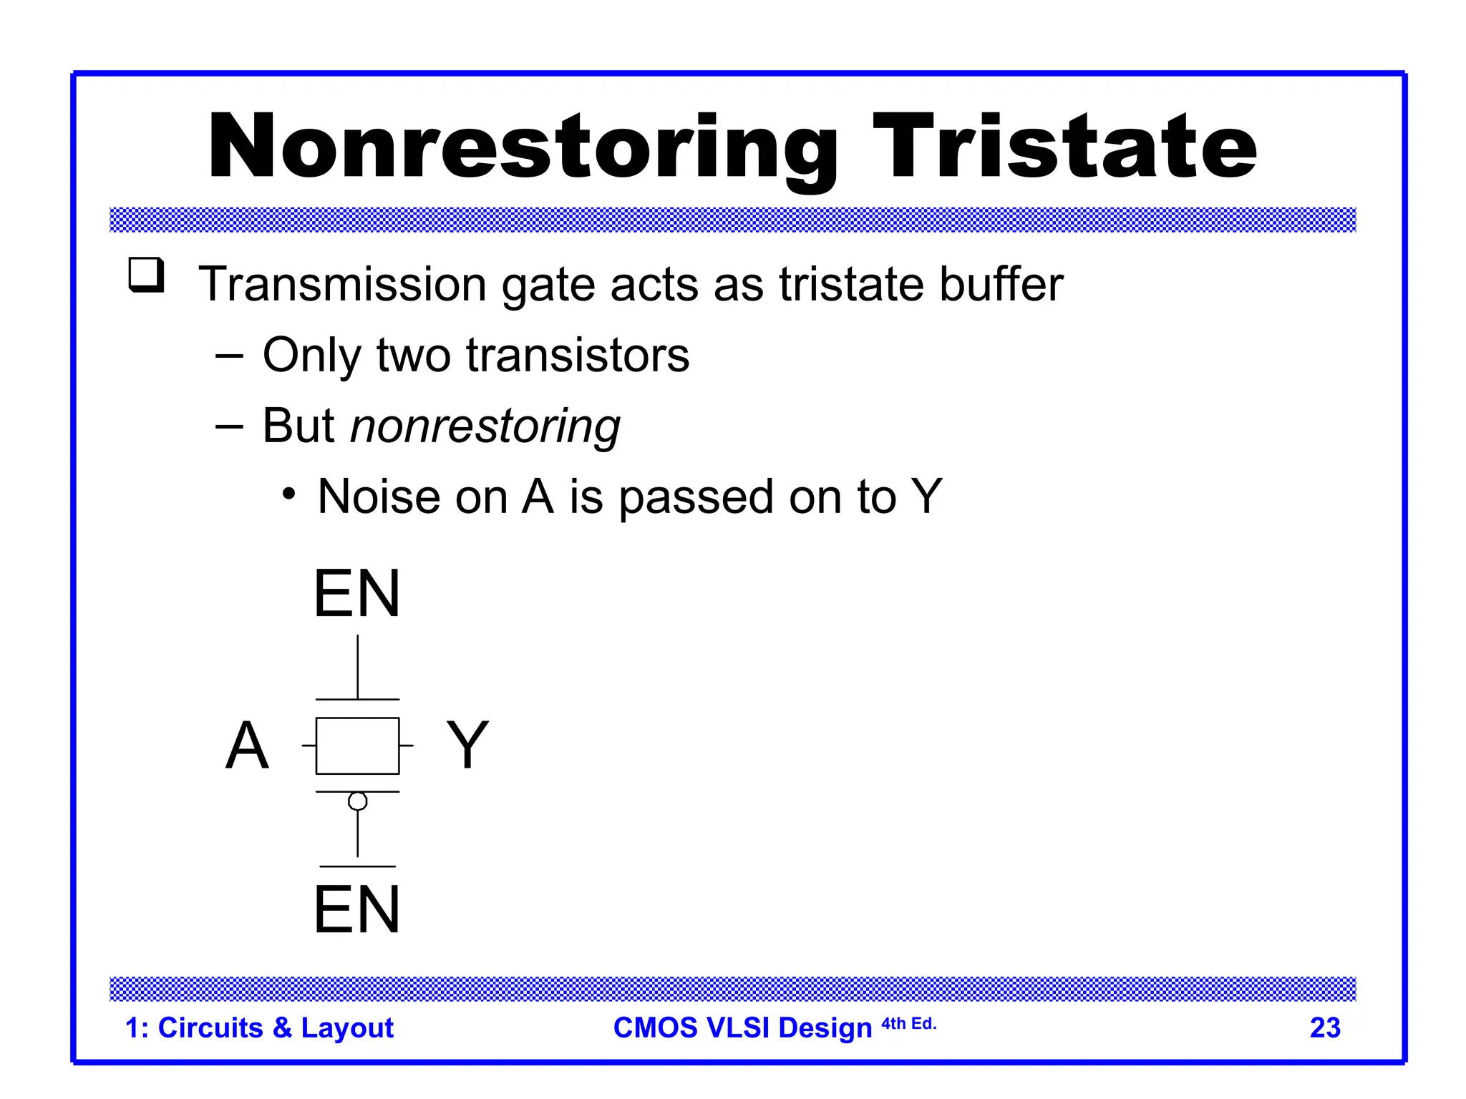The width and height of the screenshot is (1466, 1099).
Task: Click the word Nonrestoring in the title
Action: (x=523, y=148)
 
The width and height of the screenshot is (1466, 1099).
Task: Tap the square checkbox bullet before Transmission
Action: (x=146, y=275)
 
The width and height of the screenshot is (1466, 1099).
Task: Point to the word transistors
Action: (x=578, y=355)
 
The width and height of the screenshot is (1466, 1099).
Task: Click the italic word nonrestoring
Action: (x=485, y=426)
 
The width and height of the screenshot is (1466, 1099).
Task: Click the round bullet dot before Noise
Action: (x=288, y=494)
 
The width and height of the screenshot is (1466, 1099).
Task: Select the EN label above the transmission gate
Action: (x=356, y=594)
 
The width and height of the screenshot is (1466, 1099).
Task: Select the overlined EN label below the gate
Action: (x=356, y=910)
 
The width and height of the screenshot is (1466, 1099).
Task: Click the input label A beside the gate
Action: (x=247, y=746)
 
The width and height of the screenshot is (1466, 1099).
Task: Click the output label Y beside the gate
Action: (x=467, y=746)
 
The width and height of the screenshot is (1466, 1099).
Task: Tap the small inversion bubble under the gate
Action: (x=357, y=801)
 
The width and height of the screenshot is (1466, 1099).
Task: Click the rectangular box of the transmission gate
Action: (x=357, y=746)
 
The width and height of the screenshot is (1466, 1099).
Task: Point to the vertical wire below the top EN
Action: (x=357, y=667)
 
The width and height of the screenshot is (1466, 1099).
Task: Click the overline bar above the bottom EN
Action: (x=357, y=866)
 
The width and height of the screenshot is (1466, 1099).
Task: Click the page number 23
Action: (x=1324, y=1028)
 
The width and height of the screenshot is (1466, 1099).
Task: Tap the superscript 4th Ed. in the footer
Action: (x=908, y=1024)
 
